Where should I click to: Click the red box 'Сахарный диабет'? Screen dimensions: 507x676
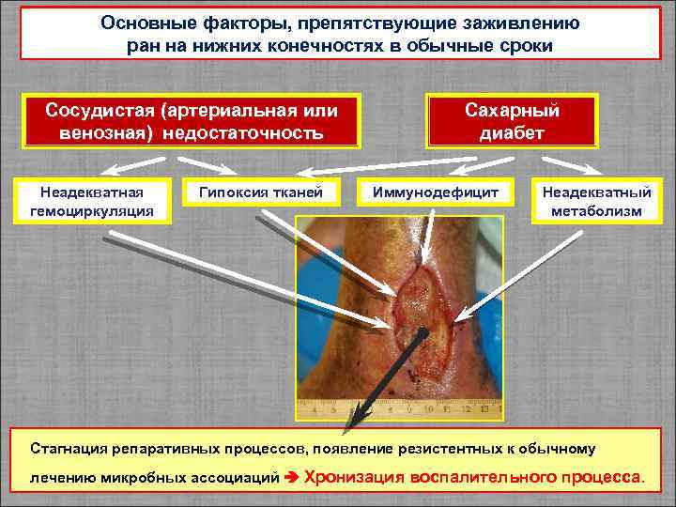click(x=513, y=121)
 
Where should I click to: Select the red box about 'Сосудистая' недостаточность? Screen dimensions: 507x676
click(x=192, y=121)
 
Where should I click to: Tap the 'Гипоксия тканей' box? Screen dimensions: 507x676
click(x=260, y=192)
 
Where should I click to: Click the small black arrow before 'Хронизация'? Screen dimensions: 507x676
click(x=290, y=477)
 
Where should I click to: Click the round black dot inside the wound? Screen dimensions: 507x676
click(x=424, y=332)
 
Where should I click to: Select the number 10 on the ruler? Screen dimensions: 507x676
click(x=428, y=410)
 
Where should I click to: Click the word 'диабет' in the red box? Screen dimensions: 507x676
click(x=513, y=132)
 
